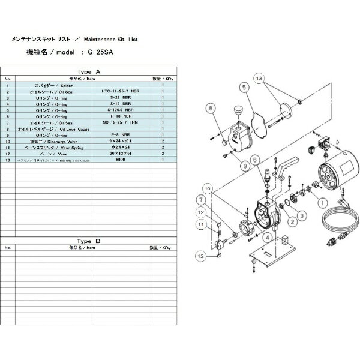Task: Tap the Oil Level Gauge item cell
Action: pos(54,128)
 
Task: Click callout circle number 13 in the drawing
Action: pos(259,79)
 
